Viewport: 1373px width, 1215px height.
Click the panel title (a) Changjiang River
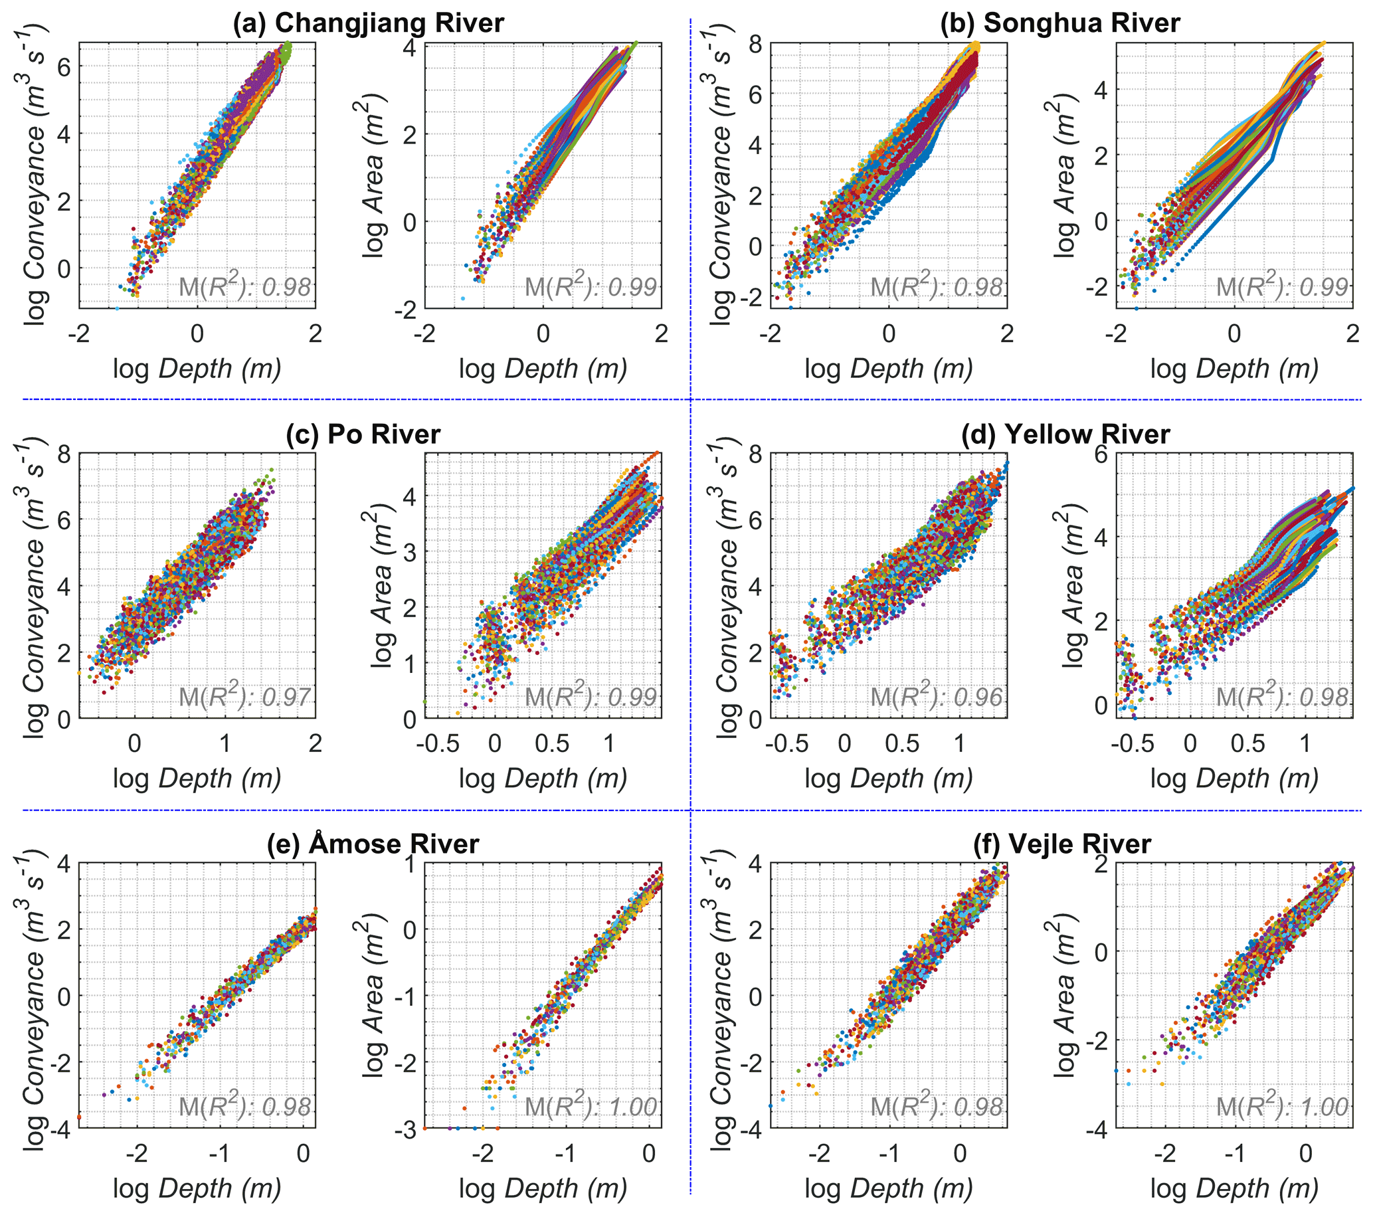tap(368, 23)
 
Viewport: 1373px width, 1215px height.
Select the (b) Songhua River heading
tap(1060, 23)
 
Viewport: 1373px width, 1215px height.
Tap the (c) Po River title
tap(363, 434)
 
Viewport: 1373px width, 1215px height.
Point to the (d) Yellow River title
tap(1065, 434)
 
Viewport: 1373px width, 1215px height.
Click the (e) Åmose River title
tap(373, 844)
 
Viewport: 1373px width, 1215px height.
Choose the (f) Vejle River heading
tap(1062, 844)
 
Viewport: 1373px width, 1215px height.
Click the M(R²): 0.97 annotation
tap(245, 696)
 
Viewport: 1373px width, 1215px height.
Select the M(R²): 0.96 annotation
tap(937, 696)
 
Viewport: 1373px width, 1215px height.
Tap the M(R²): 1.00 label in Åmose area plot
tap(591, 1106)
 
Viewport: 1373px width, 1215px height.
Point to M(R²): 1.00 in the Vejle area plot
tap(1282, 1106)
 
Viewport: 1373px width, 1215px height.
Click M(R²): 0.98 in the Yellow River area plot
tap(1282, 696)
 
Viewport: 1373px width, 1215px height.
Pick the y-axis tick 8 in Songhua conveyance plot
tap(756, 45)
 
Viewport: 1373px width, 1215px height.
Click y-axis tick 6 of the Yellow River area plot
tap(1101, 454)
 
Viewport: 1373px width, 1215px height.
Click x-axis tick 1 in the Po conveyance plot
tap(225, 743)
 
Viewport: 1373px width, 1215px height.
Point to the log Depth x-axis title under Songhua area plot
tap(1235, 369)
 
